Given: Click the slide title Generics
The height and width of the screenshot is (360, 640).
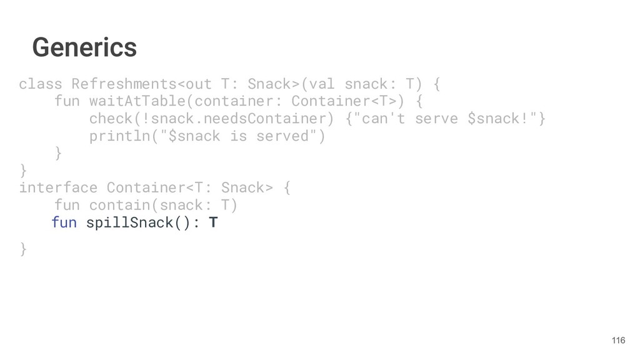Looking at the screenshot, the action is (x=84, y=47).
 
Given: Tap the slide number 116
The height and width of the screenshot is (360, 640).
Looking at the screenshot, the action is (x=617, y=340).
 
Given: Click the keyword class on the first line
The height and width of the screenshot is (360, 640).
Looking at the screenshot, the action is (x=41, y=84).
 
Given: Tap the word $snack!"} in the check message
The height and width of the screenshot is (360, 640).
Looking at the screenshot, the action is (x=507, y=119).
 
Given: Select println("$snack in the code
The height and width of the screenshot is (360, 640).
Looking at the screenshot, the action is (x=155, y=136).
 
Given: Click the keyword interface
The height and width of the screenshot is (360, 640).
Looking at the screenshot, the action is (x=58, y=187).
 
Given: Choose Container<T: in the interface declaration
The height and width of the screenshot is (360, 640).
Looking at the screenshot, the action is (x=159, y=187).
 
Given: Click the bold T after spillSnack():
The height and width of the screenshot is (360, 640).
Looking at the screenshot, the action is (x=213, y=222).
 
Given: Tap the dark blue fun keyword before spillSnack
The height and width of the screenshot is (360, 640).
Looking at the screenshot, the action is (x=64, y=222).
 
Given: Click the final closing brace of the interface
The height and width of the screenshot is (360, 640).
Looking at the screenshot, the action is (x=23, y=249).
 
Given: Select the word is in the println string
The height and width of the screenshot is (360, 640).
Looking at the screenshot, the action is (x=238, y=136).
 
